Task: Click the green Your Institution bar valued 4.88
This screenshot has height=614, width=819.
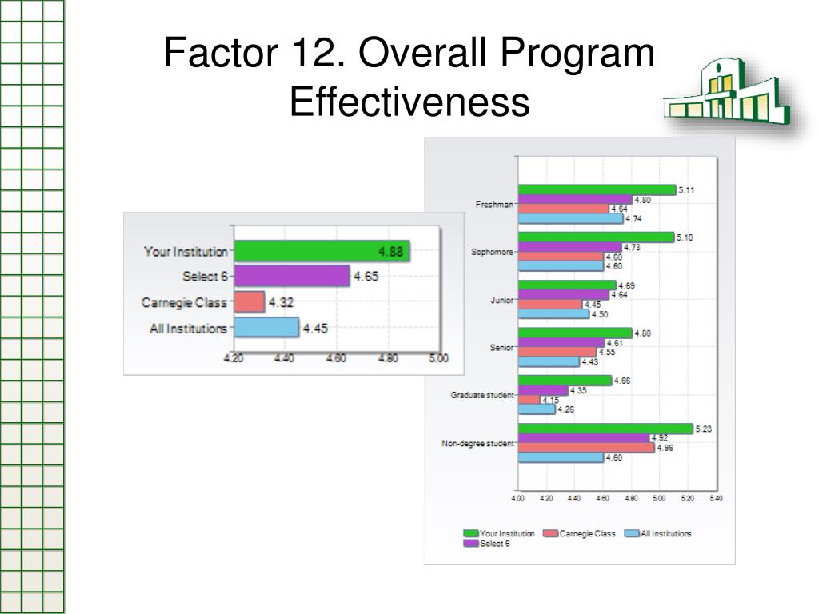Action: (x=322, y=251)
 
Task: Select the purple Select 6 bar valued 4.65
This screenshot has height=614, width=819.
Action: (x=292, y=277)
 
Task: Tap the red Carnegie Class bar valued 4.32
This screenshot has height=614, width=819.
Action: (x=249, y=302)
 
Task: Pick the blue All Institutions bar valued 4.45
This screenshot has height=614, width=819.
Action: (x=266, y=328)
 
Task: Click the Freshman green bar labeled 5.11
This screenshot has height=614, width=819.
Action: (x=597, y=190)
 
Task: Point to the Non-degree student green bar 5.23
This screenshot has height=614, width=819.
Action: (x=605, y=429)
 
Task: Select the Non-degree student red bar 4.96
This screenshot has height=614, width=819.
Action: (x=586, y=448)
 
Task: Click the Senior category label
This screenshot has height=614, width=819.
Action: (x=501, y=348)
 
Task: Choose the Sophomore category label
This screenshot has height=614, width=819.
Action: (x=493, y=252)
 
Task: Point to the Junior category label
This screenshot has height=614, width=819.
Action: (x=502, y=301)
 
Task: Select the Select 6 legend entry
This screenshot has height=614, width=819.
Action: (x=494, y=544)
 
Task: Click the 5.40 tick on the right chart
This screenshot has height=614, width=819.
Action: (x=715, y=498)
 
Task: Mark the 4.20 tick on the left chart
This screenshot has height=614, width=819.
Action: (x=233, y=358)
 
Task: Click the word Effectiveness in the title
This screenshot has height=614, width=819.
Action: (x=409, y=102)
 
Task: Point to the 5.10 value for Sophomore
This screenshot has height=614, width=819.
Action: (x=685, y=237)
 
